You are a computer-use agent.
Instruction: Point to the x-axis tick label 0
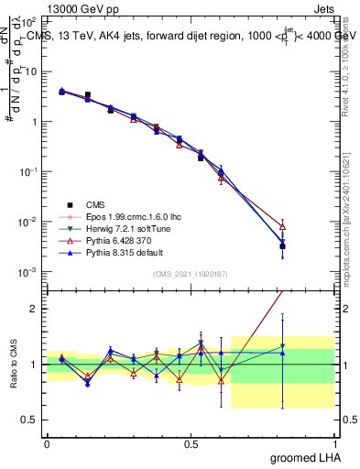pos(47,442)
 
